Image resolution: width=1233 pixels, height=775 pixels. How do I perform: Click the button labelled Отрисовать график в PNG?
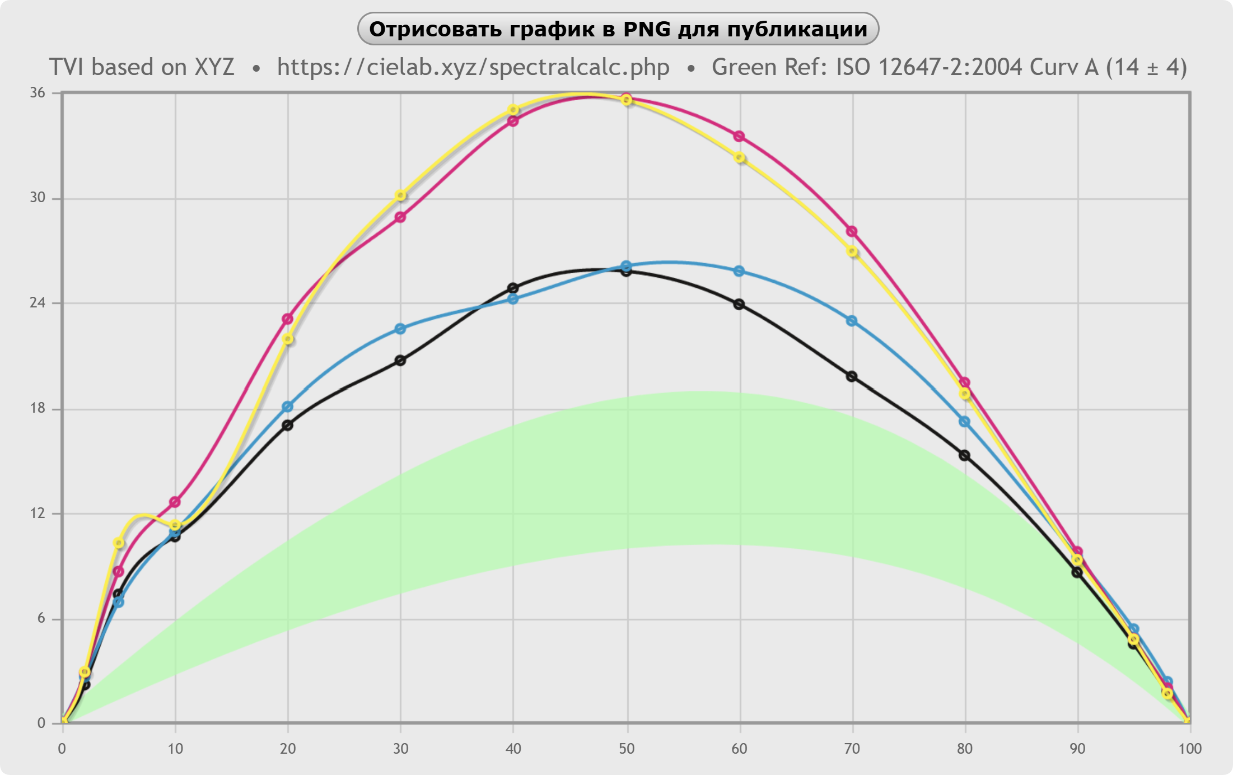point(618,29)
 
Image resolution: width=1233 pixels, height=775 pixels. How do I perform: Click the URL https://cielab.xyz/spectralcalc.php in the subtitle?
point(473,67)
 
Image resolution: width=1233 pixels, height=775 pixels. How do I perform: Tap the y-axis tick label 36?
point(38,93)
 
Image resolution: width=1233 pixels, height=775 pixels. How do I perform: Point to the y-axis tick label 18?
point(38,408)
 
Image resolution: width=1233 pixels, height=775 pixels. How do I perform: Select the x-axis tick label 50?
point(627,749)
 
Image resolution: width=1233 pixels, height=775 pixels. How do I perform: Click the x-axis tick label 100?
point(1189,749)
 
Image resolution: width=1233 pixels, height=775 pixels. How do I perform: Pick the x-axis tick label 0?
point(62,749)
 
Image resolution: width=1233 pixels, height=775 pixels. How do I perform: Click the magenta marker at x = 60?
point(739,137)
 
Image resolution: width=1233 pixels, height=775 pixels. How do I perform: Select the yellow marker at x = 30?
point(400,195)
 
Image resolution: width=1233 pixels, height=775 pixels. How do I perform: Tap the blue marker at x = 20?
point(287,407)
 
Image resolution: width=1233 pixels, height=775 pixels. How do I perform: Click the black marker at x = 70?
point(852,376)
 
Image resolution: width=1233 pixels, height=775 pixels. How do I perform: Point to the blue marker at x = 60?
point(739,271)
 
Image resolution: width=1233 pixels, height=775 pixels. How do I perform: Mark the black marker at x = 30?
point(400,361)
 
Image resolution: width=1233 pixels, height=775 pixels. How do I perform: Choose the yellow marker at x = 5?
point(119,543)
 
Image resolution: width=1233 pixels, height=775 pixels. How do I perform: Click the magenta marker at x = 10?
point(175,502)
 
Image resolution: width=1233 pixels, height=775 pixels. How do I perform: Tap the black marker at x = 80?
point(964,455)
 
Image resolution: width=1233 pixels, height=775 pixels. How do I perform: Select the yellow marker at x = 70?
point(852,251)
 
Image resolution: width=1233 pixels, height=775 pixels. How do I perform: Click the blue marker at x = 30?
point(400,329)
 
